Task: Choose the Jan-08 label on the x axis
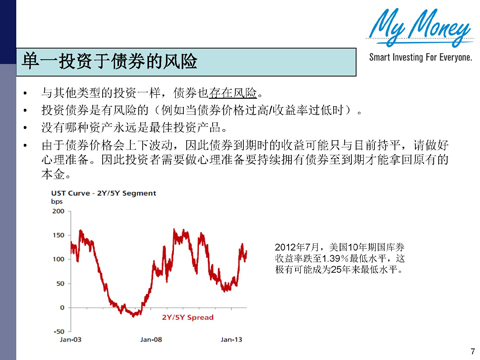click(152, 339)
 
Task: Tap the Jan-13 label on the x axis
click(232, 339)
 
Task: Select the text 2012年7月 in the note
click(296, 246)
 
